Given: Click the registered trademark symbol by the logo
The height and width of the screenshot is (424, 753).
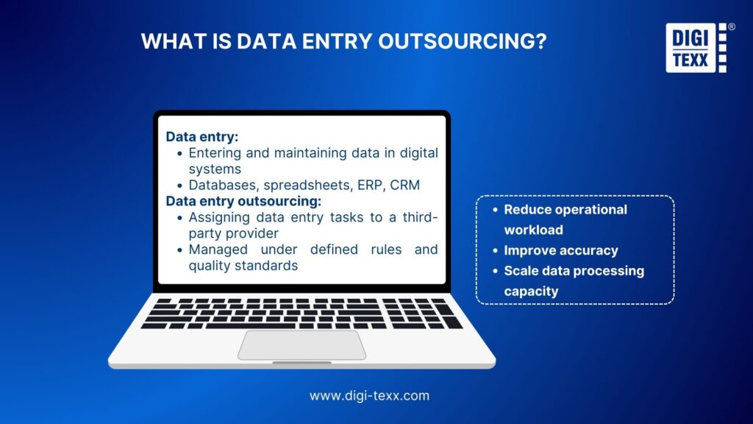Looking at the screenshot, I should click(731, 26).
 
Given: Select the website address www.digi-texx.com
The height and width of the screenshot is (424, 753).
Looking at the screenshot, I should click(369, 395).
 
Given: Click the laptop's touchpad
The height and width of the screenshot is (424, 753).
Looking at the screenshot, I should click(301, 344).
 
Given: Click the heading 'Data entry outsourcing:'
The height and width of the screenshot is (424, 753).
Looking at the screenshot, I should click(244, 201).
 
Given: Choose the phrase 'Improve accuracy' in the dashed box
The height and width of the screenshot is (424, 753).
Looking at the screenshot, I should click(561, 250).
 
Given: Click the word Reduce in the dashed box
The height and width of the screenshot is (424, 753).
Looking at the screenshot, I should click(527, 210).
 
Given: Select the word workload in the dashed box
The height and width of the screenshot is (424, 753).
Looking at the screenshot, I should click(534, 230).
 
